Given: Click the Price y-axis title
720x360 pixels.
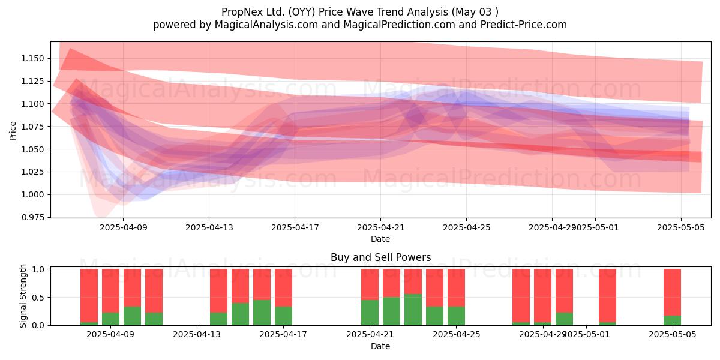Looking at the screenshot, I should (13, 130).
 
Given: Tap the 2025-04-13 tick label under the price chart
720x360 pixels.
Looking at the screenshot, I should (209, 227).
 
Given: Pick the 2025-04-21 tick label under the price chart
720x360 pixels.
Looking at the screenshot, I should (380, 227).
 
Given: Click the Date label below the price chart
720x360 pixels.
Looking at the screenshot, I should (380, 239).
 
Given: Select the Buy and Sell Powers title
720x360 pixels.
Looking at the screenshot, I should (380, 257).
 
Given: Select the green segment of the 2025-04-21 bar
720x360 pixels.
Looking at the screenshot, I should (370, 313).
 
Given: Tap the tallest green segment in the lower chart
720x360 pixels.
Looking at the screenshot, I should (413, 310).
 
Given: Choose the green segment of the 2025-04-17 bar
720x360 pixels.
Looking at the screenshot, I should (283, 316).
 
